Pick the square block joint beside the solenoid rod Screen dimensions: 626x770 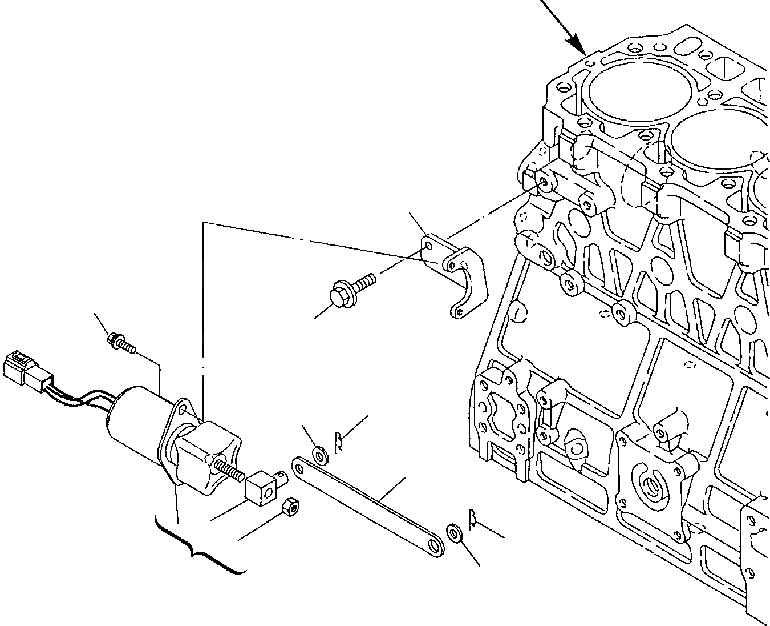[260, 485]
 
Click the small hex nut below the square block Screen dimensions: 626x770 [291, 506]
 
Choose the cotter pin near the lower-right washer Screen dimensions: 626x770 [473, 519]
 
